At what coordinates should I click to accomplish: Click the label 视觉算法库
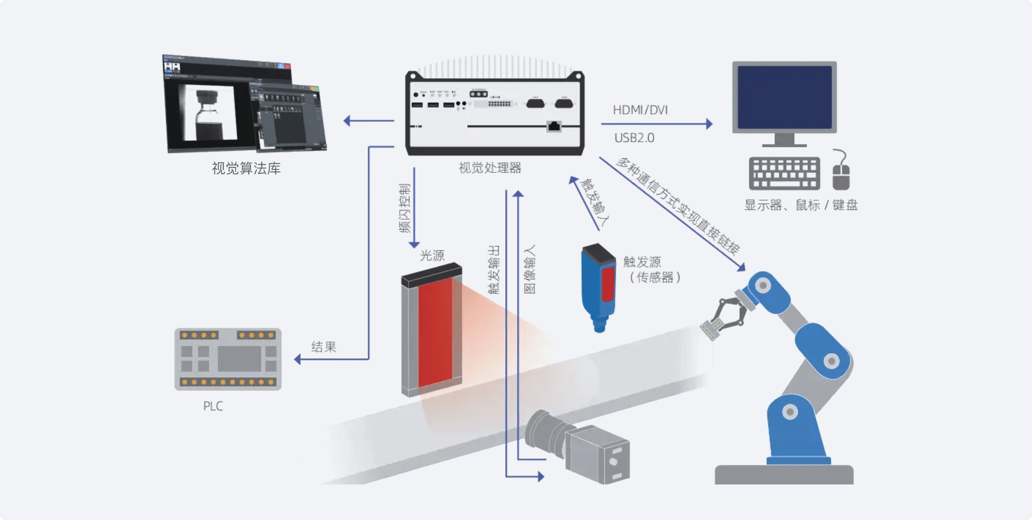[x=246, y=169]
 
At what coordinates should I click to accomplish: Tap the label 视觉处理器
[x=490, y=168]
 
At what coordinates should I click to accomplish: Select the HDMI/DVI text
[x=640, y=110]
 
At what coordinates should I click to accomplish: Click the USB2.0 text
[x=634, y=138]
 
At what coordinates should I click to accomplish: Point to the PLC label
[x=213, y=406]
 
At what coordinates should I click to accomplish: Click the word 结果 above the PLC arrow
[x=323, y=347]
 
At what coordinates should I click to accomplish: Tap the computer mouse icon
[x=841, y=173]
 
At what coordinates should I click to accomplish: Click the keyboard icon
[x=784, y=173]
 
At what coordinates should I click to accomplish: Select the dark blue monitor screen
[x=784, y=97]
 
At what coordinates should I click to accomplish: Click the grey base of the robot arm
[x=784, y=474]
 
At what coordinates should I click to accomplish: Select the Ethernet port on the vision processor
[x=554, y=126]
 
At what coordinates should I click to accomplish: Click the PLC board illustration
[x=228, y=359]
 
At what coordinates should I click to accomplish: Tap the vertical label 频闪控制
[x=404, y=208]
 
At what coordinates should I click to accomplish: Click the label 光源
[x=432, y=255]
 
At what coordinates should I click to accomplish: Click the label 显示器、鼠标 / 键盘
[x=801, y=205]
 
